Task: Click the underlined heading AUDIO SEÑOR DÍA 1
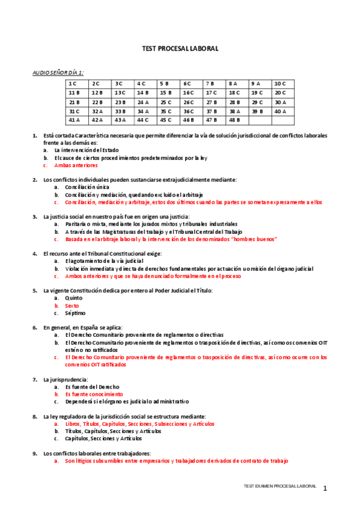58,72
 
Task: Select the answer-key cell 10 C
280,84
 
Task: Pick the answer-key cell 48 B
235,120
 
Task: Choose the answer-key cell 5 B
165,84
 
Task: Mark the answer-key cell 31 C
75,111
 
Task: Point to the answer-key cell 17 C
211,93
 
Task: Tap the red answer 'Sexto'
72,306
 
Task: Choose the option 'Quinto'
73,298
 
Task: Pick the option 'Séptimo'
75,313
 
